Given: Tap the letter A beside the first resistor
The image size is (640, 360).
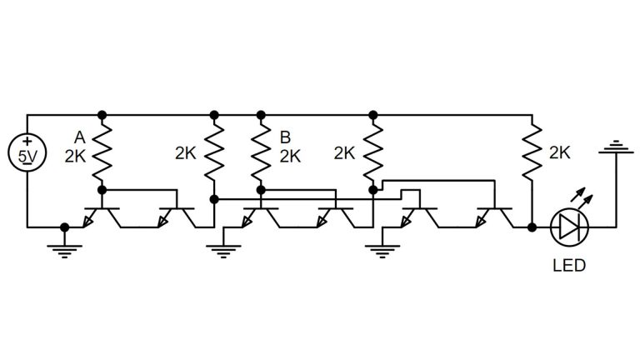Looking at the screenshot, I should [x=79, y=137].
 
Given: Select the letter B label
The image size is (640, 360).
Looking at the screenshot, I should [x=286, y=137].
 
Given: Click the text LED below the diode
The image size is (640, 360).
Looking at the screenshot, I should [x=569, y=267].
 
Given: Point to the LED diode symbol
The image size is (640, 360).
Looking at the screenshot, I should [x=570, y=226].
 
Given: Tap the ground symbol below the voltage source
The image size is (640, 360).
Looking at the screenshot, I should [x=65, y=248].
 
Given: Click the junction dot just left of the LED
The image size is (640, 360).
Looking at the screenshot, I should [x=531, y=227].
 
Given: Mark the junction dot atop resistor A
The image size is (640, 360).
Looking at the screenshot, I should [x=102, y=114].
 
